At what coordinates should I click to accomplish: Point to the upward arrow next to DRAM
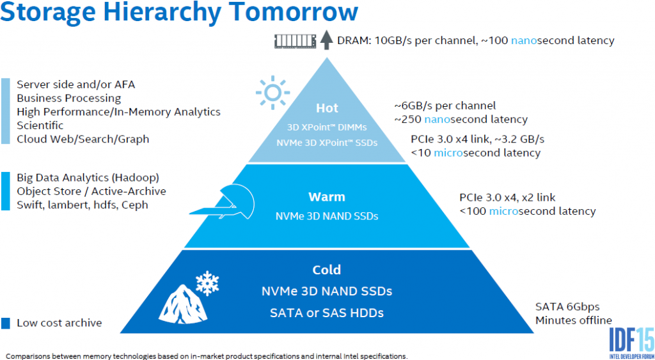click(326, 40)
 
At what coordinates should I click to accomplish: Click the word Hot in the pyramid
click(327, 108)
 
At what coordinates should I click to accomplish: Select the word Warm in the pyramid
click(327, 197)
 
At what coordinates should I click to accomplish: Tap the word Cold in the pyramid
click(327, 270)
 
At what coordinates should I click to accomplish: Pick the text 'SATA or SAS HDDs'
click(327, 313)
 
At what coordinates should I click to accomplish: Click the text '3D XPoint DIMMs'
click(327, 127)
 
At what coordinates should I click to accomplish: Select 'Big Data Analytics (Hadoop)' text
click(88, 177)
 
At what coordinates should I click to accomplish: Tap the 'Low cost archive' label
click(59, 323)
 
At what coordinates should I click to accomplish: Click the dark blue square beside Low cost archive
click(6, 323)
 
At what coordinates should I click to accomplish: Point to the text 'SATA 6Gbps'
click(567, 307)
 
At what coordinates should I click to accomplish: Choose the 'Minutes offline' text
click(573, 320)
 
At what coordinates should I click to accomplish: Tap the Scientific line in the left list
click(40, 125)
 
